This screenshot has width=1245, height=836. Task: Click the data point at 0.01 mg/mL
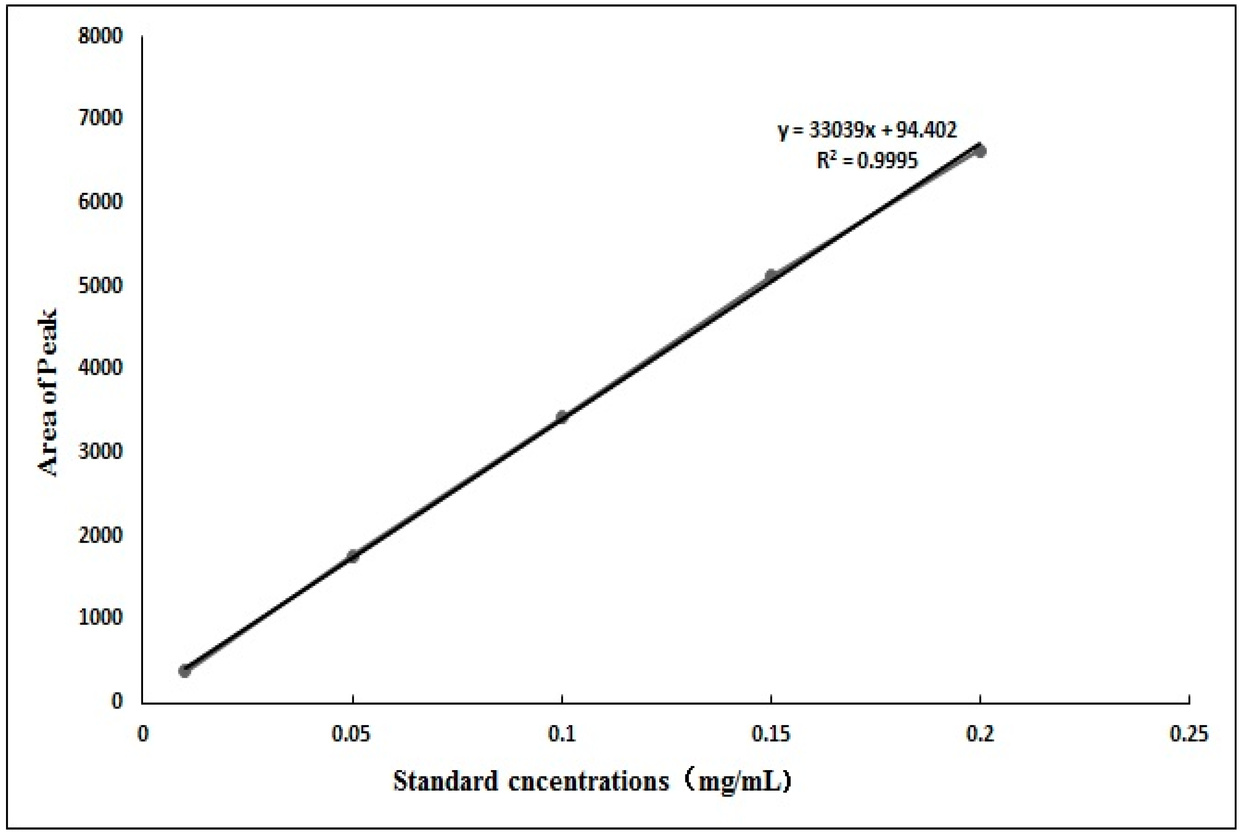pos(184,671)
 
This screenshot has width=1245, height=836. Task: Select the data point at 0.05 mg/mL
pos(352,556)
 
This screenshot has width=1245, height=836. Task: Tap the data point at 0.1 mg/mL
pos(562,417)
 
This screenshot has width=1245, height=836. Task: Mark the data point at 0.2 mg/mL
pos(979,151)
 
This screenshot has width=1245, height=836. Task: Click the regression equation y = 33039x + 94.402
pos(867,130)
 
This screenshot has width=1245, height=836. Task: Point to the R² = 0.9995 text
pos(867,160)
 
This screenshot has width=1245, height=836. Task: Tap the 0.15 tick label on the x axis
pos(771,735)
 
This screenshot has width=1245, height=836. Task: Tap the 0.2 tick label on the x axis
pos(980,735)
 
